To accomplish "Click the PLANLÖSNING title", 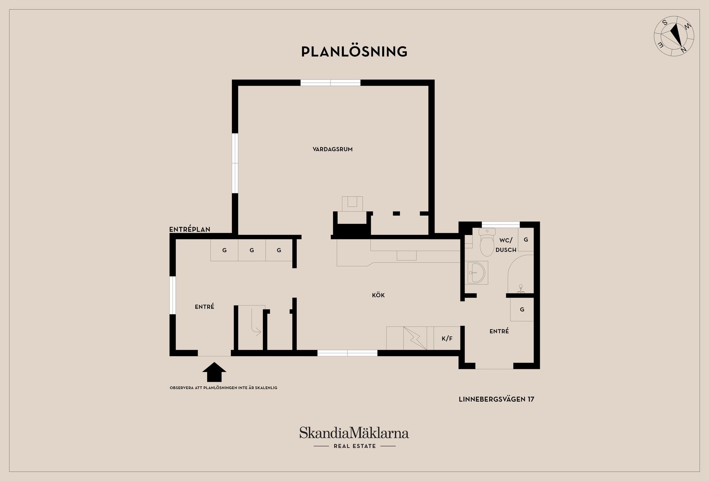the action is point(354,52).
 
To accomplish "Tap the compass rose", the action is point(674,36).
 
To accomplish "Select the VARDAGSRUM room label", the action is point(332,149).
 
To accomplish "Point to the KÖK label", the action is point(379,295).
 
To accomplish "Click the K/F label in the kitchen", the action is point(447,338).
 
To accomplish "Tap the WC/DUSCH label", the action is point(506,245).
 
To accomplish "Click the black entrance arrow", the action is point(214,372).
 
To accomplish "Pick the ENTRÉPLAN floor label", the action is point(190,229).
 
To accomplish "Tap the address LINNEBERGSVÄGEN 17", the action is point(496,399).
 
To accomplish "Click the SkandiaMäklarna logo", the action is point(354,433).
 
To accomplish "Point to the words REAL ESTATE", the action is point(354,446).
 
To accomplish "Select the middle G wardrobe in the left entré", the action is point(251,250).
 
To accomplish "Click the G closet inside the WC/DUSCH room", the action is point(526,240).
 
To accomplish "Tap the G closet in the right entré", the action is point(522,309).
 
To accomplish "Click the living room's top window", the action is point(330,83).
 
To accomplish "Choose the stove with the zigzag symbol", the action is point(415,338).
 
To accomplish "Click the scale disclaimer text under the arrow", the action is point(223,388).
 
